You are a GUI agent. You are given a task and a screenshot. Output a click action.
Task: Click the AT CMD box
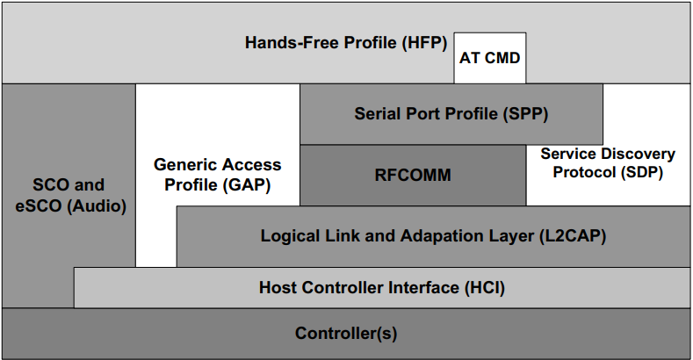click(x=490, y=59)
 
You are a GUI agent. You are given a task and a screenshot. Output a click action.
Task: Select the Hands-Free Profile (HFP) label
click(x=346, y=42)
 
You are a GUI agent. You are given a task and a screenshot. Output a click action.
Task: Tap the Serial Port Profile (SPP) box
click(x=451, y=114)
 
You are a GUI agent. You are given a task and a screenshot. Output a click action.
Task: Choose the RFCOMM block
click(x=413, y=175)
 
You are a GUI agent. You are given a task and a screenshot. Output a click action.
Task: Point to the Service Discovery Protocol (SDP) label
click(x=608, y=163)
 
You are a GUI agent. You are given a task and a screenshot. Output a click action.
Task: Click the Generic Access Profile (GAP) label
click(x=218, y=175)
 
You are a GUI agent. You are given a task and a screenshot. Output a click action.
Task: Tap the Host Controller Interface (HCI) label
click(x=382, y=287)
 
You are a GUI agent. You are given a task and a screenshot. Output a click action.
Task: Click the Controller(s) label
click(x=346, y=334)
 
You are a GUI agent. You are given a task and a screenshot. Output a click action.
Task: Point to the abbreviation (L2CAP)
click(x=572, y=236)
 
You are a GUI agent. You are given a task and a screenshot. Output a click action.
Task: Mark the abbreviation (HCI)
click(x=482, y=287)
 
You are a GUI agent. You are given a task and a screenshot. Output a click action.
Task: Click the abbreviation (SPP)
click(x=525, y=114)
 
